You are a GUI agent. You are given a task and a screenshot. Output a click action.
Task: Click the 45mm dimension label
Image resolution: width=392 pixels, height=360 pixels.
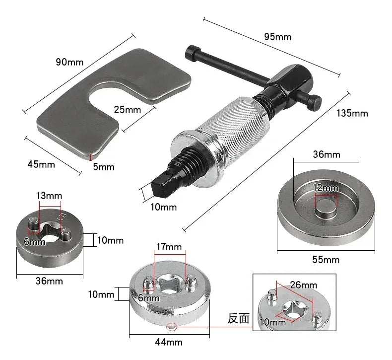coord(40,163)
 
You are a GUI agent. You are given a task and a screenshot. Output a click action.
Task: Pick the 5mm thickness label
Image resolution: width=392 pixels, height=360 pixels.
coord(104,167)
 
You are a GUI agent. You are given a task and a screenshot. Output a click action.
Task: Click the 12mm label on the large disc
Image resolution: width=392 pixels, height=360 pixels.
coord(326,188)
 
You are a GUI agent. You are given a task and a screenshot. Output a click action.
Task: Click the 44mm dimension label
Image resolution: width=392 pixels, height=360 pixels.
coord(169,342)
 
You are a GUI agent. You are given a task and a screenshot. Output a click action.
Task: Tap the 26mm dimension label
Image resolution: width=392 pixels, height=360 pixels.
coord(304,285)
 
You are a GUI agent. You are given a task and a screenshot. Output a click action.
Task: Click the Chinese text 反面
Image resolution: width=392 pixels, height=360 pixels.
coord(238,318)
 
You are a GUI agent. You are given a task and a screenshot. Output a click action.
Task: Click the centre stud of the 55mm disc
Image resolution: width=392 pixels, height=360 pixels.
coord(326,207)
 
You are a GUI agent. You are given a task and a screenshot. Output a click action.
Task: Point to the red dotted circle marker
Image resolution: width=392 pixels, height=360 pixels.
coord(172,327)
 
